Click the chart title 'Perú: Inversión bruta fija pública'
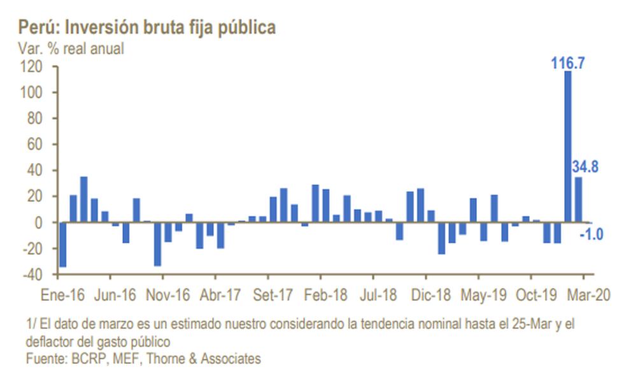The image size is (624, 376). pos(147,27)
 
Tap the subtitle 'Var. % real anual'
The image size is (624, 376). pos(71,48)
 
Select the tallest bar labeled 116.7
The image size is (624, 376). pos(568,147)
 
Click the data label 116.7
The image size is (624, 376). pos(568,63)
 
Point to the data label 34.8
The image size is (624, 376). pos(585,167)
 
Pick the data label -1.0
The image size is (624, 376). pos(592,235)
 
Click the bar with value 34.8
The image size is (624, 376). pos(579,199)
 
